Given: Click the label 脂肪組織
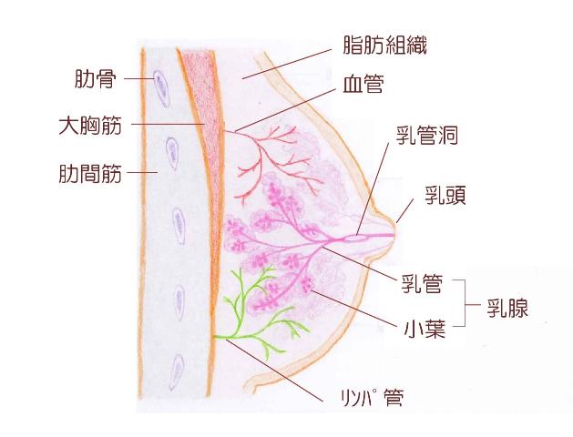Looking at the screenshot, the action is (x=384, y=46).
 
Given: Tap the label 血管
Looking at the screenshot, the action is (x=363, y=84).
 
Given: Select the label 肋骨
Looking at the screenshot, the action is (x=96, y=78).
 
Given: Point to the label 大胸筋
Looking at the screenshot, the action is (x=90, y=126).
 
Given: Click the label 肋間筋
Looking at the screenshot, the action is (x=90, y=173).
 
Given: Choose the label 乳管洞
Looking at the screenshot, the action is (x=427, y=136).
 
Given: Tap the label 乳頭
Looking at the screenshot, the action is (x=445, y=195).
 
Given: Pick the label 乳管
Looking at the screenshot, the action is (x=422, y=284).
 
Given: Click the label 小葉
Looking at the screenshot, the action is (x=425, y=329).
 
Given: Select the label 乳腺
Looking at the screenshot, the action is (x=507, y=307).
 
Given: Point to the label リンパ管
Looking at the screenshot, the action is (x=372, y=398).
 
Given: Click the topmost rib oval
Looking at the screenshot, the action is (x=161, y=88).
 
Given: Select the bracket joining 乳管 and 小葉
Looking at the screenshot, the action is (x=460, y=303).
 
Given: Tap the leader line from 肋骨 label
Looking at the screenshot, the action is (x=138, y=78).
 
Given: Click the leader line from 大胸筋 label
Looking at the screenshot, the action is (x=168, y=124).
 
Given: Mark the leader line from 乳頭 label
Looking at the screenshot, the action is (x=405, y=210).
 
